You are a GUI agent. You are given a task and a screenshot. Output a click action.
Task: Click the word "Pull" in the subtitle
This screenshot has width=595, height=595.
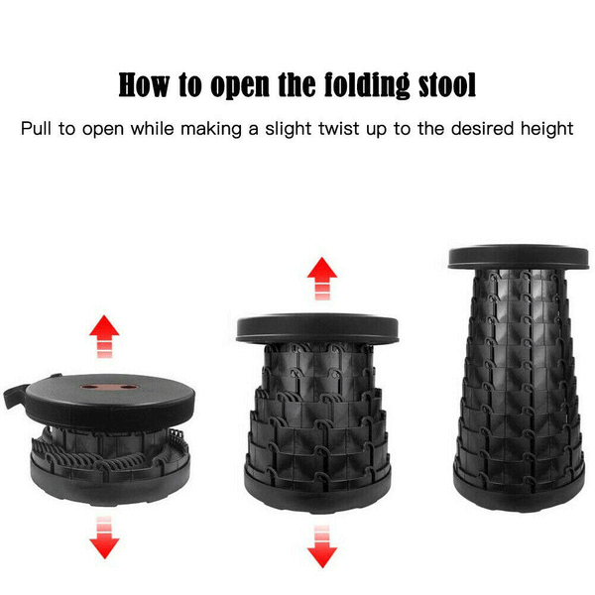coord(36,129)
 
